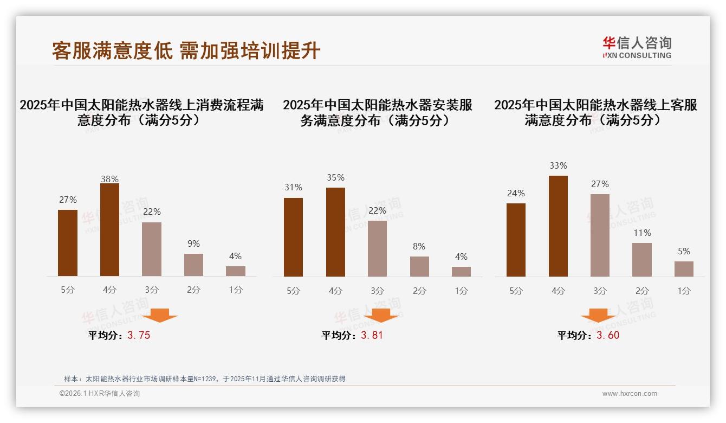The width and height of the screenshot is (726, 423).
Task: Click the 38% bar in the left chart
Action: point(109,230)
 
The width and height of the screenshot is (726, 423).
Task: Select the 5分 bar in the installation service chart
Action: point(293,237)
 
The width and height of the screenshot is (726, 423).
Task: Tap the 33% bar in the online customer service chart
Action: point(558,226)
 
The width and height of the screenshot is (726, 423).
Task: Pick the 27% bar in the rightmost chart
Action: point(600,235)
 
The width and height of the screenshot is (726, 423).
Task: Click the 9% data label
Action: point(193,244)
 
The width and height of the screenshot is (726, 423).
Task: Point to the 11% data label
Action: point(642,233)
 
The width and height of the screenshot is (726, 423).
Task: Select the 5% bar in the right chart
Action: point(684,269)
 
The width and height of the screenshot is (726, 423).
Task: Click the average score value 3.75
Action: point(139,335)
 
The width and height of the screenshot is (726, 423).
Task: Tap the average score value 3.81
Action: point(372,335)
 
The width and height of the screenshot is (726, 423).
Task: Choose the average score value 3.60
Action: point(608,335)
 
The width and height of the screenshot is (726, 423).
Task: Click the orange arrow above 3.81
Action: point(381,315)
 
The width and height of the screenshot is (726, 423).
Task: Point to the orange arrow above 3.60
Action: point(598,315)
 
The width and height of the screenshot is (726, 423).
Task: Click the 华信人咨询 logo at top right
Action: point(637,47)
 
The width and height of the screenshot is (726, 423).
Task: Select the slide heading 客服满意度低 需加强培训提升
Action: point(186,51)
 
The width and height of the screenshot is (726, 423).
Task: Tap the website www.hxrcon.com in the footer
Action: point(630,394)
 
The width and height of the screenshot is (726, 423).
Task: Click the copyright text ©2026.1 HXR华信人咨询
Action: point(100,394)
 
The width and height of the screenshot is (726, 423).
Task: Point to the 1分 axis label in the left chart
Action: point(235,290)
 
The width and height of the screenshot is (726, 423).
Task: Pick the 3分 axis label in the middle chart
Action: point(377,291)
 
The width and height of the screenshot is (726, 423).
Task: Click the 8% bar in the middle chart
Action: point(419,266)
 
